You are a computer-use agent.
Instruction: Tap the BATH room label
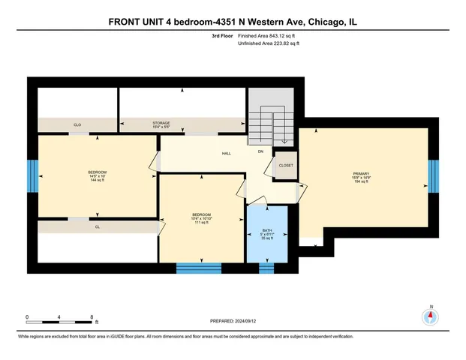tap(267, 231)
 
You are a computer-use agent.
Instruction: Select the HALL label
tap(226, 153)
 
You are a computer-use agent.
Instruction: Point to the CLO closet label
tap(77, 124)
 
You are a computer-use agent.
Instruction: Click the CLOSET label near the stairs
tap(286, 165)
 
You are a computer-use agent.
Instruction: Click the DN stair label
tap(260, 153)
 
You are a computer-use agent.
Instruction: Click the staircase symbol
tap(272, 124)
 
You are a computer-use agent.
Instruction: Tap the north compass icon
tap(431, 316)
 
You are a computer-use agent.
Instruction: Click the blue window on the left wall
tap(32, 177)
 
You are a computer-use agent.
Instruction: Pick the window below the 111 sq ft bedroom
tap(199, 267)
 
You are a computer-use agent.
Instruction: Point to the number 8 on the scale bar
tap(91, 318)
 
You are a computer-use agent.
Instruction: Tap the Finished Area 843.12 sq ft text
tap(268, 36)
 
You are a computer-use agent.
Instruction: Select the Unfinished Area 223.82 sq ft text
tap(268, 44)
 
